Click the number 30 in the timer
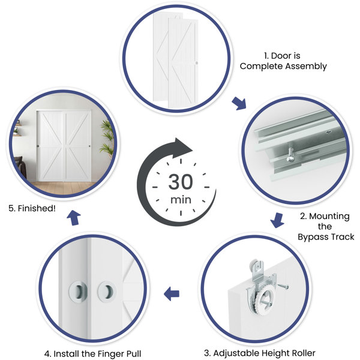[181, 182]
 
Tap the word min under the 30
[181, 200]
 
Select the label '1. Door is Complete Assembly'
[283, 61]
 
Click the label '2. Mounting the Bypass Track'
[326, 226]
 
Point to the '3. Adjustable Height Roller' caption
[260, 353]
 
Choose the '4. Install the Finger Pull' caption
[92, 354]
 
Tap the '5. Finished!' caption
[32, 208]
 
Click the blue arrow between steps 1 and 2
[239, 104]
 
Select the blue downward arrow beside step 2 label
[277, 220]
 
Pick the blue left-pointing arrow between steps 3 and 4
[172, 293]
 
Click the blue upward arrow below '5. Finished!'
[74, 218]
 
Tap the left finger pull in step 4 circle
[78, 292]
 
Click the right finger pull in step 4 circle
[107, 292]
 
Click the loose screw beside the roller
[283, 286]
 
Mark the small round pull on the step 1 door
[196, 63]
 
